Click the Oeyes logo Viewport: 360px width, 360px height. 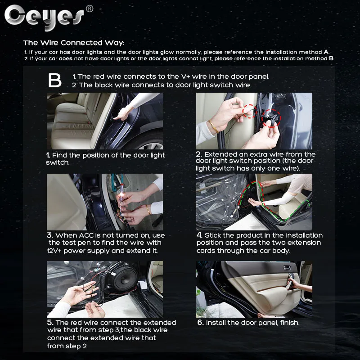click(44, 17)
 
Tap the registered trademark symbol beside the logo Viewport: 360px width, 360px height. click(89, 9)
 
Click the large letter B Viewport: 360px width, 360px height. click(54, 81)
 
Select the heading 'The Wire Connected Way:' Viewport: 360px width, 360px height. click(74, 43)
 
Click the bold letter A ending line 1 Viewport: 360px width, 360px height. click(326, 52)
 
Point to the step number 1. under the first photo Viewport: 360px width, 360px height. click(48, 155)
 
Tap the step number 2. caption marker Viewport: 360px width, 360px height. click(199, 154)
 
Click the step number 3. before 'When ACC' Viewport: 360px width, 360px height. click(50, 235)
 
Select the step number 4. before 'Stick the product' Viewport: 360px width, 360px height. click(199, 235)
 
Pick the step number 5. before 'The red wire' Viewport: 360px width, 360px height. click(50, 323)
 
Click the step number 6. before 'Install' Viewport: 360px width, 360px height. click(200, 323)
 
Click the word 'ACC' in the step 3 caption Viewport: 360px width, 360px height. click(86, 235)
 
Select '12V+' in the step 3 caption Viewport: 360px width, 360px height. click(54, 251)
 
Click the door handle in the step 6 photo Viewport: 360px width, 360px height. click(287, 267)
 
